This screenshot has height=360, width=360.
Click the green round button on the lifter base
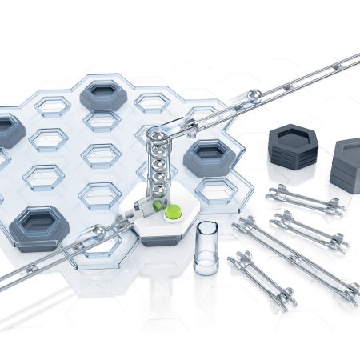coord(172,212)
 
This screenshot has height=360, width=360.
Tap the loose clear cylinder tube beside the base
coord(206,247)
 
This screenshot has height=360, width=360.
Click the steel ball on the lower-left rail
coord(98,233)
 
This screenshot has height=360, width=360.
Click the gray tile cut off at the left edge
coord(8,130)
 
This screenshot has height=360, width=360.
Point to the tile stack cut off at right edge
coord(347,163)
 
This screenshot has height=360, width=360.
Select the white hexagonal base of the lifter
coord(160,232)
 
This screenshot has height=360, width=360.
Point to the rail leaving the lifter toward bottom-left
coord(48,256)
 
